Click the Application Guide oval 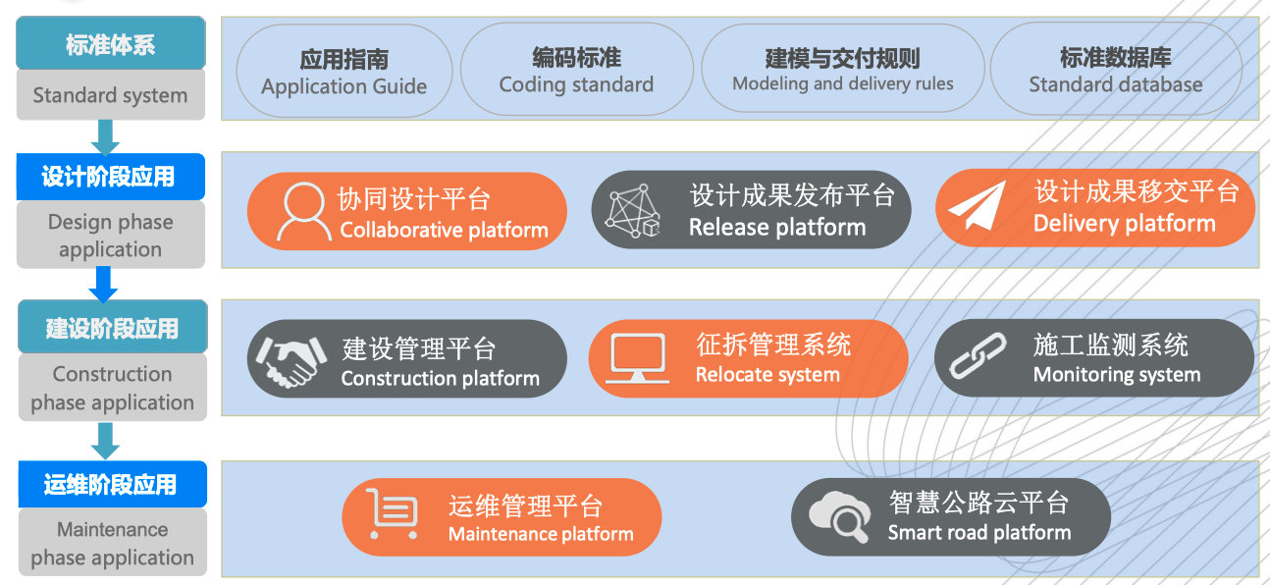[344, 71]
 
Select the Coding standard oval [576, 69]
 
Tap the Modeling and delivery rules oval [842, 69]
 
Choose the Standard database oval [1116, 69]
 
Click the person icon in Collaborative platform [304, 211]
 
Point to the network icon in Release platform [632, 210]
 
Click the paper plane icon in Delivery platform [977, 205]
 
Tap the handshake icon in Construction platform [291, 361]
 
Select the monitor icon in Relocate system [637, 357]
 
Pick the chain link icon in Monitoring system [978, 355]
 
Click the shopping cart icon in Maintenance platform [393, 513]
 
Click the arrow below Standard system [105, 137]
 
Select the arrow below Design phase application [103, 285]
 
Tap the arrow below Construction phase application [105, 441]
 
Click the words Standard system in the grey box [110, 95]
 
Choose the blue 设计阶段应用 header [111, 177]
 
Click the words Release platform [777, 228]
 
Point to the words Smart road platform [979, 532]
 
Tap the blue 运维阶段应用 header [112, 484]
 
